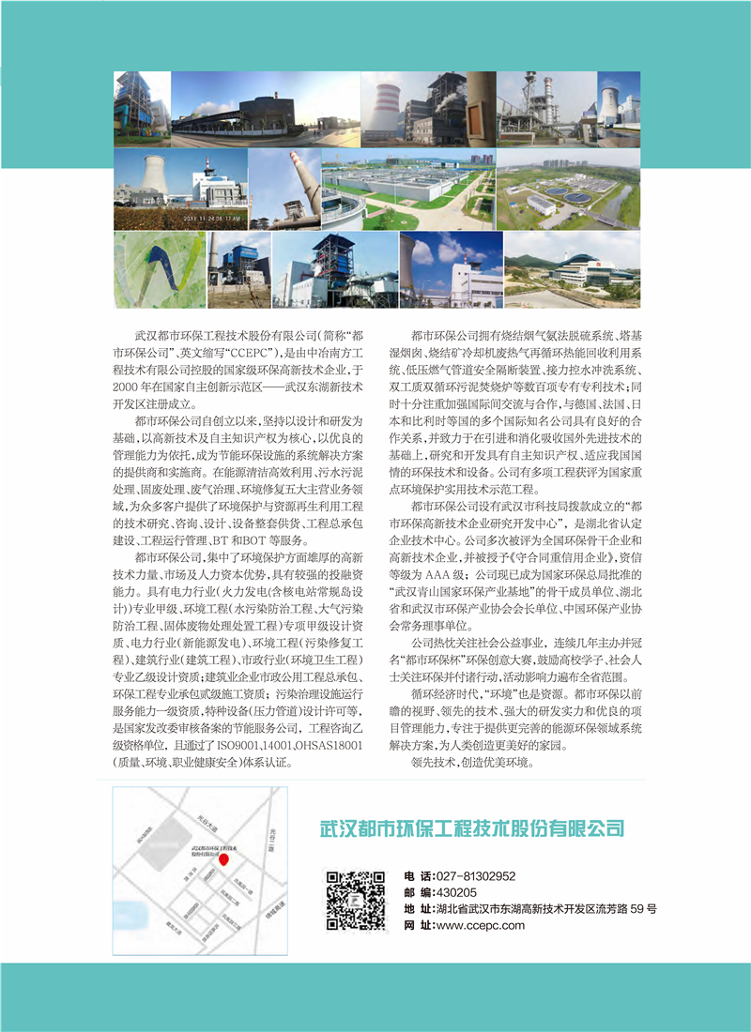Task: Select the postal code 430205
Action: [x=456, y=892]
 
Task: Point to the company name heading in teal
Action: [x=472, y=827]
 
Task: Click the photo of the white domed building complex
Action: [x=572, y=270]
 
